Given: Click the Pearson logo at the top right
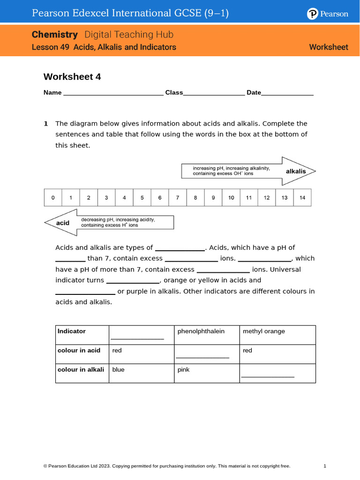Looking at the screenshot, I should coord(328,14).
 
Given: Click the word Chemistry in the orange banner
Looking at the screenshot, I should coord(54,35).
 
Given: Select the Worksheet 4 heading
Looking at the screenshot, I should coord(72,77).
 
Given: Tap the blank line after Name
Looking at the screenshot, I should coord(113,93).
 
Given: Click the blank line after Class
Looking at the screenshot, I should coord(214,93).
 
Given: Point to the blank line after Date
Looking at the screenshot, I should coord(287,93).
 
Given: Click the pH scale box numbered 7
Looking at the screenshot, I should coord(178,198).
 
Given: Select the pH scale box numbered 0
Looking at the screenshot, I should coord(53,198).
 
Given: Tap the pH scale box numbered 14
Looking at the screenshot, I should coord(302,198).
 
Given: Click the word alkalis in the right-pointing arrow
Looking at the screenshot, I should coord(296,172).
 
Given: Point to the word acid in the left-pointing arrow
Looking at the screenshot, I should coord(62,223).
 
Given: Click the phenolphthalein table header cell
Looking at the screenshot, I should coord(206,335).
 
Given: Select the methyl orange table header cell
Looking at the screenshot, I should coord(277,335).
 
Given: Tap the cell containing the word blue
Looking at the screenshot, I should coord(141,373).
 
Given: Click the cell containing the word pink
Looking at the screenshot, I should coord(206,373).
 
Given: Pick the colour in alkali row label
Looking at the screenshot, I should coord(81,370).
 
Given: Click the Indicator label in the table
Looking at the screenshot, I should coord(72,331).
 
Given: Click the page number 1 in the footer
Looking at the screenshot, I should coord(324,466).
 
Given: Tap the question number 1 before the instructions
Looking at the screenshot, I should coord(46,124).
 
